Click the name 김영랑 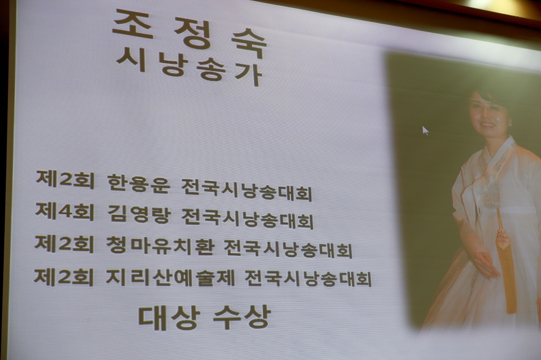139,213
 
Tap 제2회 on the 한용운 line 65,179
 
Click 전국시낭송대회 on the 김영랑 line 247,217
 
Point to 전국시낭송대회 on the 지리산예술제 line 309,278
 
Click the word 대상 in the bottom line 169,316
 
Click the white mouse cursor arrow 425,131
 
